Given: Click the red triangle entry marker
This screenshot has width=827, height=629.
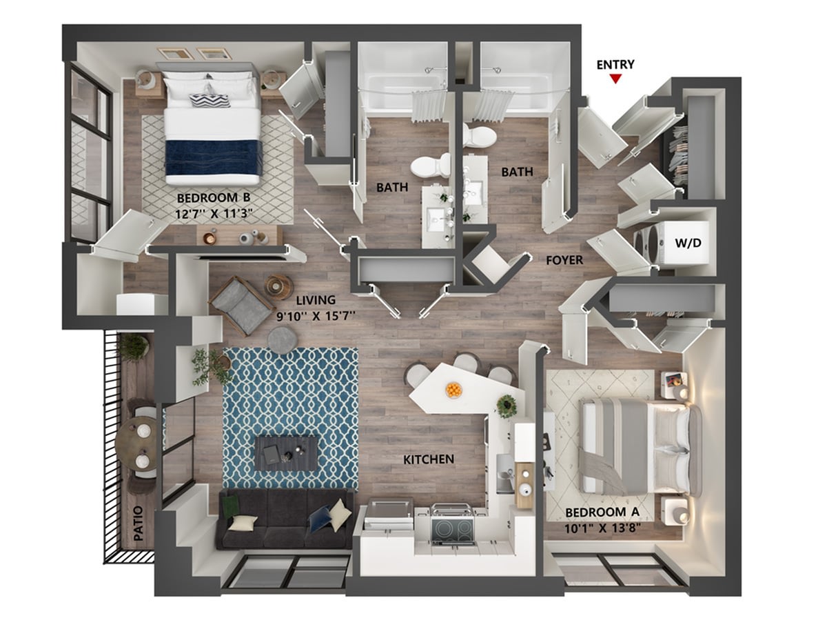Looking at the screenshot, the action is tap(615, 79).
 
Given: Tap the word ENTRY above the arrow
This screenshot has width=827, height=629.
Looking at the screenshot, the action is tap(615, 65).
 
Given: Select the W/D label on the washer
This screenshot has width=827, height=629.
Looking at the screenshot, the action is tap(688, 243).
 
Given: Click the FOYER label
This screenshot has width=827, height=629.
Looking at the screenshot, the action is tap(564, 259).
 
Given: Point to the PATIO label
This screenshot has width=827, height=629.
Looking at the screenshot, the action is tap(139, 523).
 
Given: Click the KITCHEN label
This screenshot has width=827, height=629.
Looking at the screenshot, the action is tap(429, 459).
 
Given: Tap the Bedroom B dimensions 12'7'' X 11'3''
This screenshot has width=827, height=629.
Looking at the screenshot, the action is tap(214, 214).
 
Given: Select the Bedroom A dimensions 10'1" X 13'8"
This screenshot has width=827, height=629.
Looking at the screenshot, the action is tap(602, 528).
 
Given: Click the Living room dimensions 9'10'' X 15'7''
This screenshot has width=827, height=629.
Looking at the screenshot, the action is tap(316, 316).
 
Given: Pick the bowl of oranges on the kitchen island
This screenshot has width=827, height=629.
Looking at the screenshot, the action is tap(453, 390).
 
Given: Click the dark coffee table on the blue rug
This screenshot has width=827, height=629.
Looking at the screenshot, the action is tap(286, 453).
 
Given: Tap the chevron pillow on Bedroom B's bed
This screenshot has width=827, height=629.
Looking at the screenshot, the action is tap(210, 100).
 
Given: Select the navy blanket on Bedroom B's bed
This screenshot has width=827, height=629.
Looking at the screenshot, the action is tap(214, 157).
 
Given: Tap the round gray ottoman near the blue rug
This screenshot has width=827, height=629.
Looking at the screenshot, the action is tap(282, 340).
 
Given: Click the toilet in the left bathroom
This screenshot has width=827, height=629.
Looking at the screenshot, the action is tap(431, 166).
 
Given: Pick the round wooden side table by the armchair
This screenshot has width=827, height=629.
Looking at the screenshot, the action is tap(279, 287).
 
